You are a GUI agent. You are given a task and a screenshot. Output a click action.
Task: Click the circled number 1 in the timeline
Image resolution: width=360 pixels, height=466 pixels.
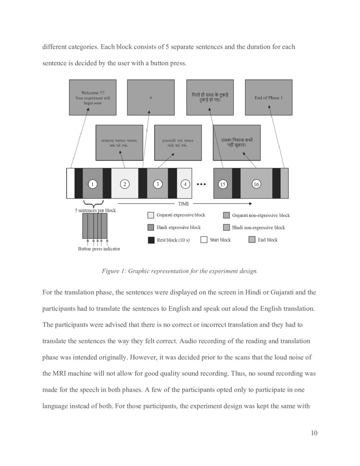92,184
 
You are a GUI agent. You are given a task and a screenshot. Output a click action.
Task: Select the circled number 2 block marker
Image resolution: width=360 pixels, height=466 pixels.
125,184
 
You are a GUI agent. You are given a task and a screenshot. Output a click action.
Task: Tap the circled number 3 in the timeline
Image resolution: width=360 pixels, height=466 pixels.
158,184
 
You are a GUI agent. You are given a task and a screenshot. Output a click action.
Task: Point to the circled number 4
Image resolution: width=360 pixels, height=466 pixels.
185,184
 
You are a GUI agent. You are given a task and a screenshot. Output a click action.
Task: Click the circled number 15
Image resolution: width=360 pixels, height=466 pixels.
222,184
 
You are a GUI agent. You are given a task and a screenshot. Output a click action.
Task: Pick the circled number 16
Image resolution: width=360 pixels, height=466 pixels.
256,184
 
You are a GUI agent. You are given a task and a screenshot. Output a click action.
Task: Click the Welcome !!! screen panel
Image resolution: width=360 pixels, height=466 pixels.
92,97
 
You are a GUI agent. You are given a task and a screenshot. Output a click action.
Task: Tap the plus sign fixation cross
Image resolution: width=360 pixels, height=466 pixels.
150,98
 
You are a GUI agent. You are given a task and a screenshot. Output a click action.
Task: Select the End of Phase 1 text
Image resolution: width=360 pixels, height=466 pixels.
268,98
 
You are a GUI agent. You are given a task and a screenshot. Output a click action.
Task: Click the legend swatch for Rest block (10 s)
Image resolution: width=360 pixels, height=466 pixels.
151,240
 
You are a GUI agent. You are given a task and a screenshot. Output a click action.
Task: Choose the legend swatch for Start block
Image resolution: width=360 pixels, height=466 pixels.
204,240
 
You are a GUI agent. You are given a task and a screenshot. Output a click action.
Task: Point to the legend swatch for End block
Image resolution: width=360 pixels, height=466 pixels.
252,240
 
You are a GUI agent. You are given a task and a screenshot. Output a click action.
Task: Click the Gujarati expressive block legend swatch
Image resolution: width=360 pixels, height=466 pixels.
151,215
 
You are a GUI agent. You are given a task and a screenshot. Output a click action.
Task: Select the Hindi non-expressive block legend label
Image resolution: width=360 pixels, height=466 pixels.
258,227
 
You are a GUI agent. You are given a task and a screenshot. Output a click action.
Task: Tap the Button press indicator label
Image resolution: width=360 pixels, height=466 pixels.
99,249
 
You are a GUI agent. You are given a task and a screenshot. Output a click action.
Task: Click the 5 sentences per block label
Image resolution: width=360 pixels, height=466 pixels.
95,210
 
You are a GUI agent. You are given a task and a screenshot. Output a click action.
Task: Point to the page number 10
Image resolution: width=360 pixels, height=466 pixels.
314,433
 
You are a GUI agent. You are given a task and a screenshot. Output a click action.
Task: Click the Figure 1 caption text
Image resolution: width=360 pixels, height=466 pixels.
180,271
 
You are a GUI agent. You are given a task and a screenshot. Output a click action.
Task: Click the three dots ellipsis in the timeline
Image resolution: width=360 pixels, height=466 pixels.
201,184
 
